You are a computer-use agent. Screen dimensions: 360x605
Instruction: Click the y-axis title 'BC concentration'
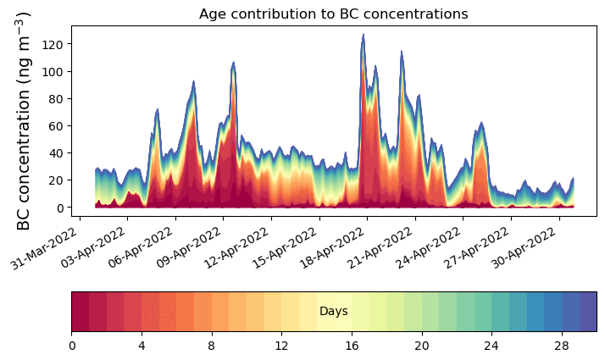(24, 120)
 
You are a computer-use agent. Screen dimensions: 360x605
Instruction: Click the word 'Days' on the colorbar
(333, 312)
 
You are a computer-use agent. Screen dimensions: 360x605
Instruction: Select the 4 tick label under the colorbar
(142, 346)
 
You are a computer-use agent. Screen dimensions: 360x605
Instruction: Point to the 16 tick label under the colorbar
(352, 346)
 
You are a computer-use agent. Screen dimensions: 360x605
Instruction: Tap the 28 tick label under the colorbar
(561, 346)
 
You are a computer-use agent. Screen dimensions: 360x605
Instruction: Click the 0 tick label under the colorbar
(72, 346)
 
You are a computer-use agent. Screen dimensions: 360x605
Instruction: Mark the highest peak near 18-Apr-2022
(363, 36)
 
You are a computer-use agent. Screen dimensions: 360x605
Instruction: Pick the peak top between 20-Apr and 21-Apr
(402, 52)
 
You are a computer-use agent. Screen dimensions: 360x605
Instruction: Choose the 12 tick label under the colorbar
(281, 346)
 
